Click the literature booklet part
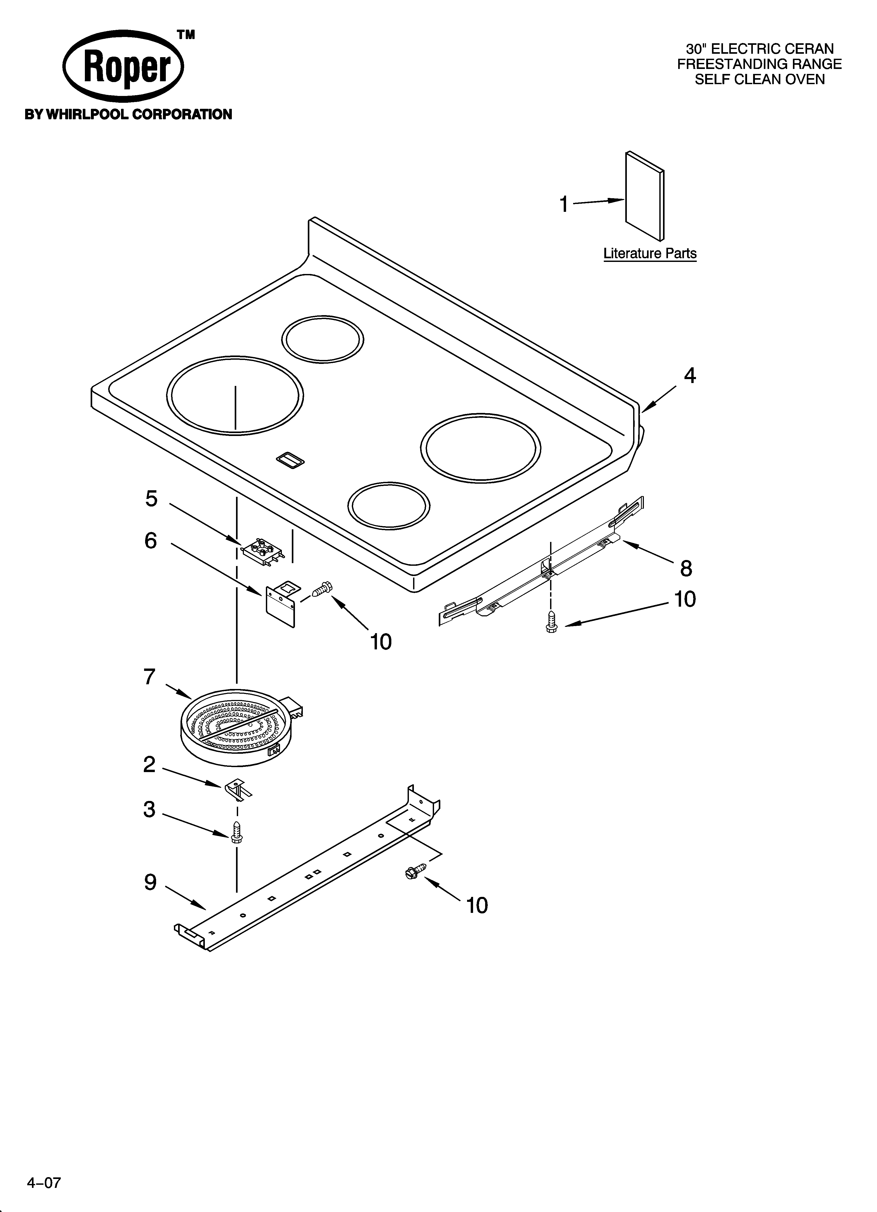click(x=645, y=196)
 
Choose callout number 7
click(x=150, y=677)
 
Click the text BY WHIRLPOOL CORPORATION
click(x=128, y=114)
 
